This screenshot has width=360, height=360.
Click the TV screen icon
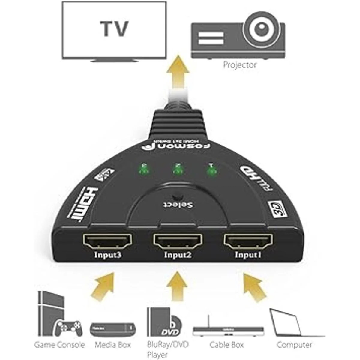click(113, 30)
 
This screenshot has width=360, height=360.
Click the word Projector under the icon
click(240, 64)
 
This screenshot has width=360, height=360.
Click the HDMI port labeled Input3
click(107, 241)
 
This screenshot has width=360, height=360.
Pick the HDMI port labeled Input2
click(178, 241)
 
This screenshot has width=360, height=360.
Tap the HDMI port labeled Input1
click(248, 241)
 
